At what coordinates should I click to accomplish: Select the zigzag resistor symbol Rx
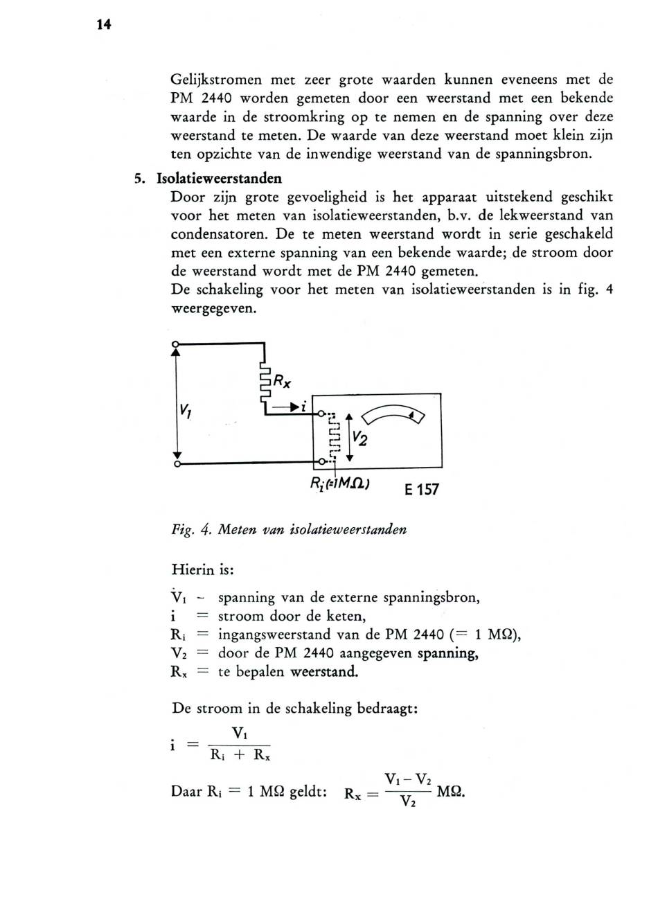264,383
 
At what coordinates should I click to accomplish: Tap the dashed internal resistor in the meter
333,436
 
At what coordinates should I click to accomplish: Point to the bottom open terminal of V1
177,463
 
